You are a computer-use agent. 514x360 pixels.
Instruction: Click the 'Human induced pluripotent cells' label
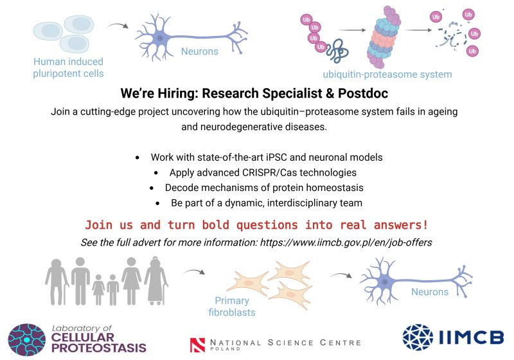tap(68, 67)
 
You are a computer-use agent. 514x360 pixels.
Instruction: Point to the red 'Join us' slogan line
tap(256, 226)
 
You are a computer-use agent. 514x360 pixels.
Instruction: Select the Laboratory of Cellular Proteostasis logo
tap(77, 339)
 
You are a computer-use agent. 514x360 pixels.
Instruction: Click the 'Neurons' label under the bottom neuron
tap(430, 292)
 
